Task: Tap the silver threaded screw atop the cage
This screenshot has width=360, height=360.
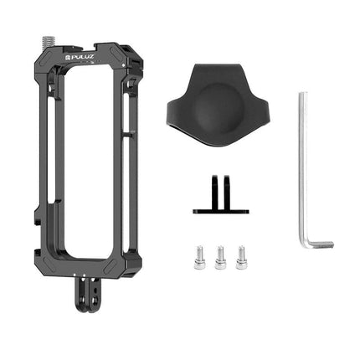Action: pos(49,40)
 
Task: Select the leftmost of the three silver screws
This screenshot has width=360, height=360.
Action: pos(199,258)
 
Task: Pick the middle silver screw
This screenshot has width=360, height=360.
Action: pos(220,258)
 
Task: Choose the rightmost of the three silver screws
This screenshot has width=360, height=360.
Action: pos(241,258)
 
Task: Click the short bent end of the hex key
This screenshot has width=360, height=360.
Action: pos(321,244)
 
